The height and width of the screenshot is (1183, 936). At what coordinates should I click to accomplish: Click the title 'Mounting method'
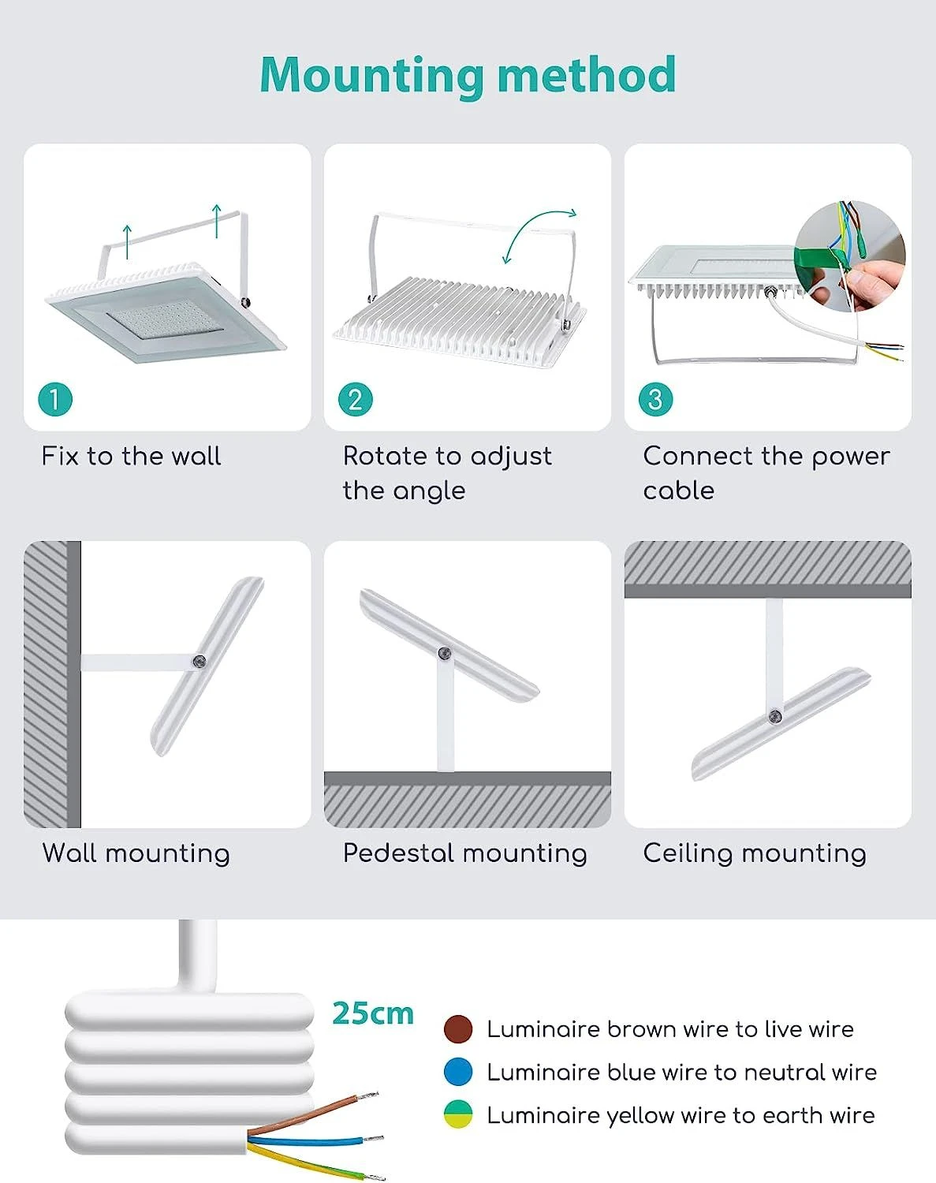[x=468, y=76]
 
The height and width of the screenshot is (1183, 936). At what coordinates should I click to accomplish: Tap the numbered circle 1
[x=55, y=400]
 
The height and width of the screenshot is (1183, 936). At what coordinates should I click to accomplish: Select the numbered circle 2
[x=356, y=400]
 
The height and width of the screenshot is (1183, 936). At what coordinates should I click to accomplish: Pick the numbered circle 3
[x=656, y=400]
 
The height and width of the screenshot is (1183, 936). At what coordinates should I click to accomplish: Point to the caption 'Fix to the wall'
[x=132, y=457]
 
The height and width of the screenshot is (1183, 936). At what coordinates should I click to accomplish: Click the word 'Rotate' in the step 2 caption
[x=385, y=457]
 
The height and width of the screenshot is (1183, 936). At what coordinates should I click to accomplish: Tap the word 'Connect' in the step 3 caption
[x=698, y=457]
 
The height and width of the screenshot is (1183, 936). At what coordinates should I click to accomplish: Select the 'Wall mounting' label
[x=136, y=853]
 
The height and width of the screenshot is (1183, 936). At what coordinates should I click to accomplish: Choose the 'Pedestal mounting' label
[x=465, y=853]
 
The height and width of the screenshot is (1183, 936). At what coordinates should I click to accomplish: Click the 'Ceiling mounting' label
[x=755, y=853]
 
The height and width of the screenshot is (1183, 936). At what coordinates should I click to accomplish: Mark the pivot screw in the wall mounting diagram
[x=200, y=661]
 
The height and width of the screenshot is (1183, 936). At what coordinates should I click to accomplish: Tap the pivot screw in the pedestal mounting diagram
[x=445, y=653]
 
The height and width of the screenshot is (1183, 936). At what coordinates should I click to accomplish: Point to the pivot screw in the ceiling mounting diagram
[x=775, y=716]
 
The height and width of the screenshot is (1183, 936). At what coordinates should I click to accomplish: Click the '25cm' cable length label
[x=373, y=1013]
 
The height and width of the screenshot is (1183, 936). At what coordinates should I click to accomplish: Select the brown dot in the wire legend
[x=458, y=1029]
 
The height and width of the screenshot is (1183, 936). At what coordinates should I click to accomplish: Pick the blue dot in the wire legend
[x=458, y=1072]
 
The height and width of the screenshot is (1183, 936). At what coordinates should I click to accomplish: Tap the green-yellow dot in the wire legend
[x=458, y=1114]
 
